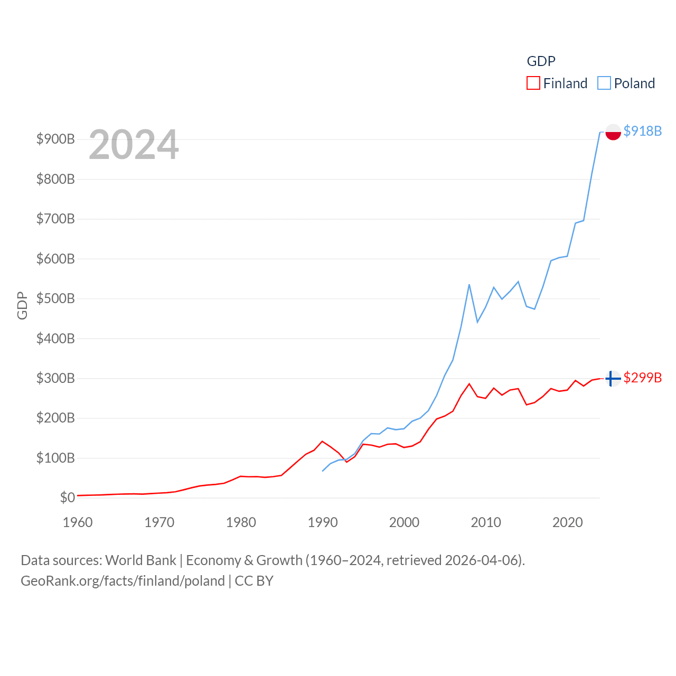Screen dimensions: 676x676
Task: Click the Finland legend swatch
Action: click(x=533, y=83)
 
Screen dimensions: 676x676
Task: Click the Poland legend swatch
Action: click(x=604, y=83)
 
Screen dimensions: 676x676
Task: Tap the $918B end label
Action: click(x=642, y=131)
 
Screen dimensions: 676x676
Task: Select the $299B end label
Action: click(x=642, y=378)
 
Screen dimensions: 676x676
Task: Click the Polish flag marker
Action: click(x=613, y=132)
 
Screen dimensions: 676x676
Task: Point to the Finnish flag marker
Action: click(x=613, y=378)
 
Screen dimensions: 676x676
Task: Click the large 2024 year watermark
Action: click(x=134, y=145)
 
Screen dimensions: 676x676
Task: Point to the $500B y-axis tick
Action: click(x=55, y=298)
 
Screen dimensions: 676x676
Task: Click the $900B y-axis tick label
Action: click(x=55, y=139)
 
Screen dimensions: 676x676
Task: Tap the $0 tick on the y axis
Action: click(x=67, y=497)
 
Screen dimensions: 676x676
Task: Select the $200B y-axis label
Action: click(x=55, y=418)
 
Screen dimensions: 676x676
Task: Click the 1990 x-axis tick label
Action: click(x=322, y=522)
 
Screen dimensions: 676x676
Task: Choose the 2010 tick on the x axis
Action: click(x=485, y=522)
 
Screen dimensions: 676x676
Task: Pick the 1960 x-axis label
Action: click(x=78, y=522)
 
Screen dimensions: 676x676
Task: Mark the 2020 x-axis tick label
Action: click(x=567, y=522)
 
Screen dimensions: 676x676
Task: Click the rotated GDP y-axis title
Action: click(x=22, y=305)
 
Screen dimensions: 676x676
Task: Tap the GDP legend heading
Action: click(x=541, y=61)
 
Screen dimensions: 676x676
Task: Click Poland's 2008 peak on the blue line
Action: click(x=469, y=285)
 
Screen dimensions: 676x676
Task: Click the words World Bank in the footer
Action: click(x=140, y=560)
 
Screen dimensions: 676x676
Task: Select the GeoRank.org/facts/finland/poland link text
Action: click(x=123, y=581)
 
